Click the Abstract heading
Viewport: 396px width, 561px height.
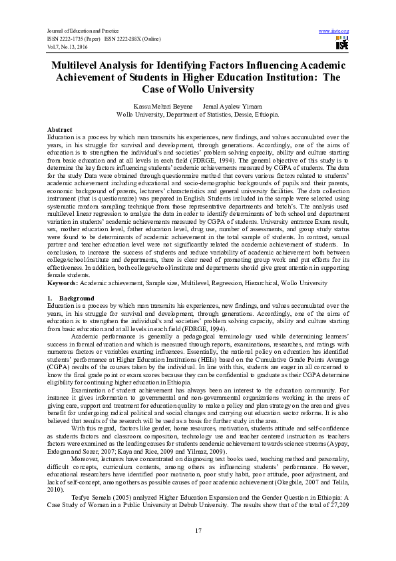(59, 129)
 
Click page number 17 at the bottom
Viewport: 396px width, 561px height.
(198, 530)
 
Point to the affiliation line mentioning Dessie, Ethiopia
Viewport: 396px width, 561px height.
(198, 114)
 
